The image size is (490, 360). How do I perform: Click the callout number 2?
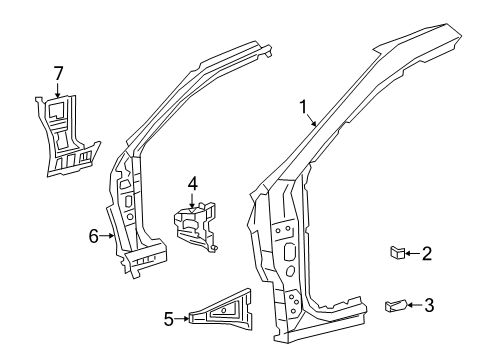tap(426, 255)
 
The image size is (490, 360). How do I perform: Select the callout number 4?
tap(192, 183)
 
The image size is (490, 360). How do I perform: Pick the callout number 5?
tap(169, 320)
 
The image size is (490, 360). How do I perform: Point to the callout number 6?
tap(93, 236)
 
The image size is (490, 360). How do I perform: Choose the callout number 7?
tap(58, 72)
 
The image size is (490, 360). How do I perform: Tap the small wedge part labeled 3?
tap(397, 305)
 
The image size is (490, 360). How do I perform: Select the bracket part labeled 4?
tap(195, 225)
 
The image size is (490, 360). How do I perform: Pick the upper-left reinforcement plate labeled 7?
tap(68, 135)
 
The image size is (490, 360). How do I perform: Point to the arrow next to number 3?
tap(416, 304)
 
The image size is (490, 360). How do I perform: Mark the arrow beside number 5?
tap(182, 320)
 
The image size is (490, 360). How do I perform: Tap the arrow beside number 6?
tap(107, 236)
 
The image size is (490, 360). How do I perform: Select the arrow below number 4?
tap(192, 199)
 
